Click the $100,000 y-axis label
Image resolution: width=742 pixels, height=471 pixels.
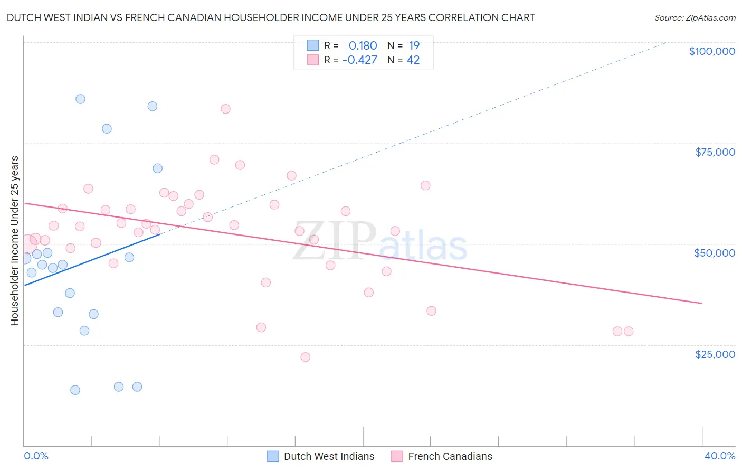(x=712, y=51)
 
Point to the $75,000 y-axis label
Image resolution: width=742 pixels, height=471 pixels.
(x=715, y=152)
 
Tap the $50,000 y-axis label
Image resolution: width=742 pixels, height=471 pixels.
(x=714, y=253)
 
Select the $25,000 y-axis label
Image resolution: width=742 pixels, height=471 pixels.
(x=715, y=354)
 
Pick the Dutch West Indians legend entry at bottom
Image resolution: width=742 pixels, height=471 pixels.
(x=321, y=457)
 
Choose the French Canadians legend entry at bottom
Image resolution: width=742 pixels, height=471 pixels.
(x=442, y=457)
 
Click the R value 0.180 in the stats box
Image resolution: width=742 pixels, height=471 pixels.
(x=363, y=46)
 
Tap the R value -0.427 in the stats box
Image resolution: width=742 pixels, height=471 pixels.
(x=359, y=60)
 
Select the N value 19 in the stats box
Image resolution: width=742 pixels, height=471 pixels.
(x=414, y=46)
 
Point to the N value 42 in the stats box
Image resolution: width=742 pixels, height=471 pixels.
(x=413, y=60)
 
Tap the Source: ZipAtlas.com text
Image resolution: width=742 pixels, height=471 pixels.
(x=695, y=18)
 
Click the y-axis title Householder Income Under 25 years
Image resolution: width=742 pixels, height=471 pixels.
(x=14, y=240)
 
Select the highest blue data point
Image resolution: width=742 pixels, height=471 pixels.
(x=80, y=99)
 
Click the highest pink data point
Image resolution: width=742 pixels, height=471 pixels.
(x=225, y=109)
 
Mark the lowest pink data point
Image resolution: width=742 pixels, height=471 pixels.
(x=305, y=357)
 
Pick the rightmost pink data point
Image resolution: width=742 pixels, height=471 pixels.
(x=628, y=332)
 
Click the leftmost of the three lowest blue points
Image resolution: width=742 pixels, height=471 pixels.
(x=75, y=390)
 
